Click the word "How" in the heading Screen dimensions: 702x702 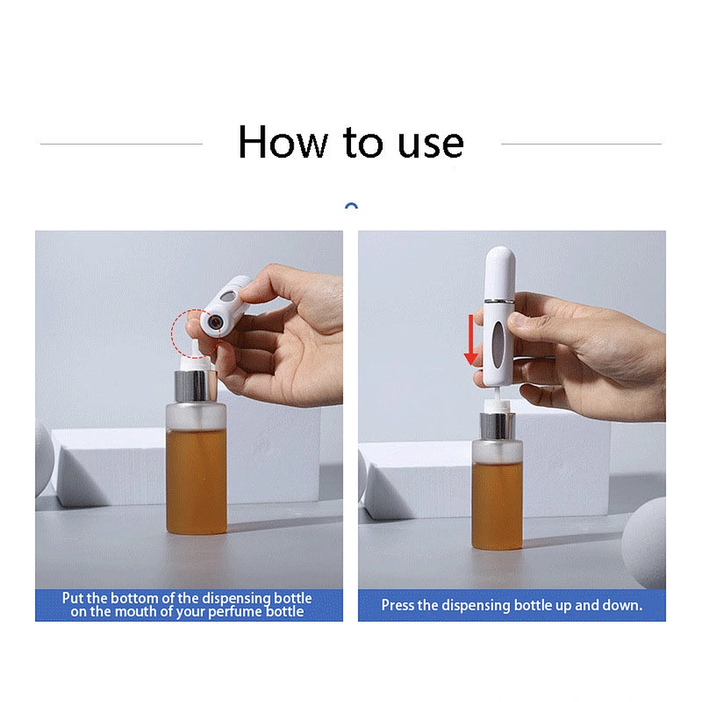pos(283,142)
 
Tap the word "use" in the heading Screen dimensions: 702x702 pos(431,144)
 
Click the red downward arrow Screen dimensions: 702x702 pos(470,340)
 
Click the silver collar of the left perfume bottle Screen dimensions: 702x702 pos(196,386)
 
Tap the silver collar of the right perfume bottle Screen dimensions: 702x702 pos(497,426)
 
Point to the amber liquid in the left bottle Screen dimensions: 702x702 pos(196,481)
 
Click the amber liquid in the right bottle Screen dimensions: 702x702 pos(497,506)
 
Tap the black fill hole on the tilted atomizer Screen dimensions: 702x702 pos(215,321)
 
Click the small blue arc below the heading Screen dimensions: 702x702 pos(352,205)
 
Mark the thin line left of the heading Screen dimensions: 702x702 pos(122,144)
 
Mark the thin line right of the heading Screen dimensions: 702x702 pos(581,144)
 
